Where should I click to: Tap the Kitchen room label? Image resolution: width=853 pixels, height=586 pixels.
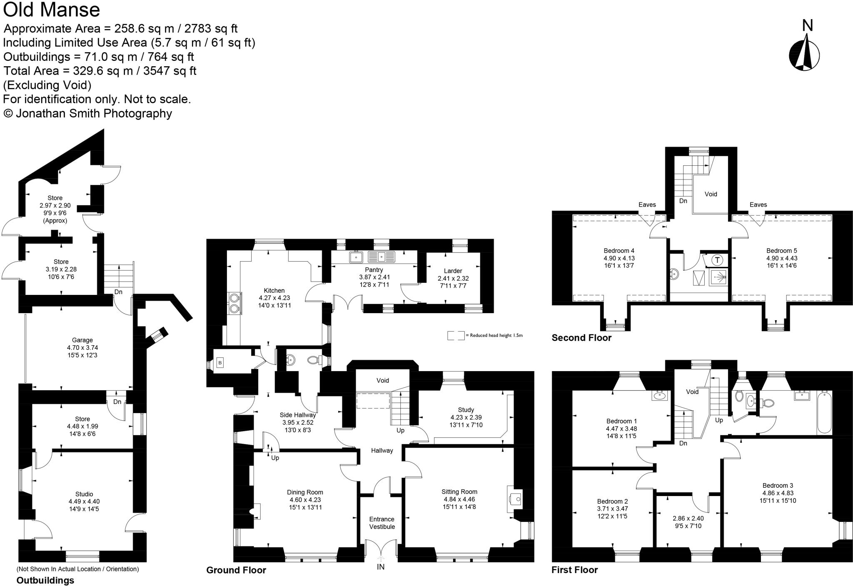(274, 290)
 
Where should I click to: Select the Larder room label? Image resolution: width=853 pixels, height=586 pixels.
(453, 271)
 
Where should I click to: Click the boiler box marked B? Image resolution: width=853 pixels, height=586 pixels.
(220, 363)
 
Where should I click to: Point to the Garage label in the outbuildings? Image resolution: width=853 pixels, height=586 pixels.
(82, 340)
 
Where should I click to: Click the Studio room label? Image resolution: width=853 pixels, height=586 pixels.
(84, 494)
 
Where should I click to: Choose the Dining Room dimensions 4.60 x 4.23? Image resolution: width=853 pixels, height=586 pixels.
(305, 500)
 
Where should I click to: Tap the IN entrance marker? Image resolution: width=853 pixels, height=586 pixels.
(381, 567)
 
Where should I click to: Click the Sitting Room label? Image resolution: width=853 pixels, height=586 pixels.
(459, 492)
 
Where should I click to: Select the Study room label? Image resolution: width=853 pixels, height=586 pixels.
(466, 410)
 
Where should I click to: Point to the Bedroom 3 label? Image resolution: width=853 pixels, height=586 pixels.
(778, 485)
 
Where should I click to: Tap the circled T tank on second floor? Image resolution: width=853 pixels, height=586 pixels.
(717, 260)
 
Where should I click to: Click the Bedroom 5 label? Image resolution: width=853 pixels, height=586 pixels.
(781, 251)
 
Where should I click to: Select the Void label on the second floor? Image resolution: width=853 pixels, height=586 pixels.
(711, 194)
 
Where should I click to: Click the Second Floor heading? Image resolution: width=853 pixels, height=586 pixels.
(581, 338)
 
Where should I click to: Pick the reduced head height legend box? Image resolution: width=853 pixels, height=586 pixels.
(456, 335)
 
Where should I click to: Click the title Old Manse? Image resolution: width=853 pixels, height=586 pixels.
(52, 10)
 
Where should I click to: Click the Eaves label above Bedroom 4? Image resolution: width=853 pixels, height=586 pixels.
(647, 204)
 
